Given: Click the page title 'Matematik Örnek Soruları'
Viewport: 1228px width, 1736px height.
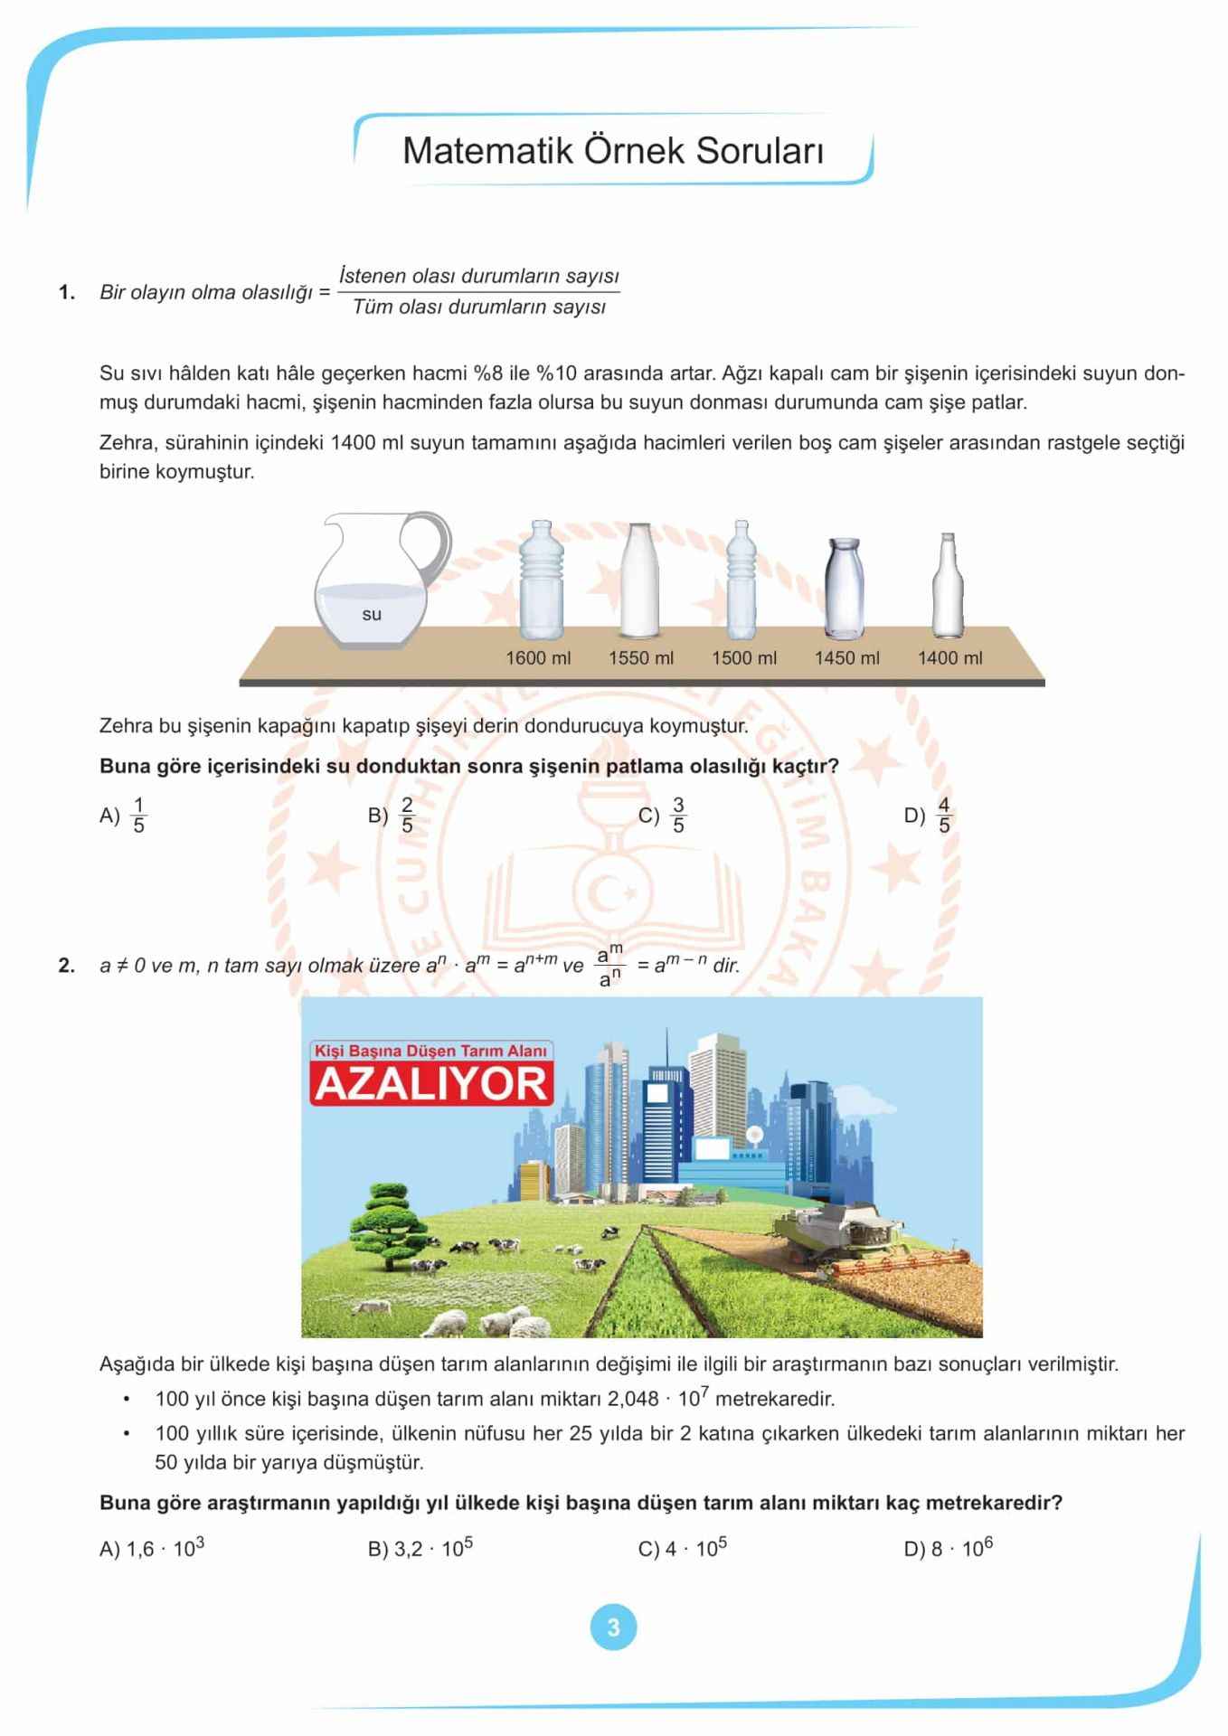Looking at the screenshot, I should (612, 151).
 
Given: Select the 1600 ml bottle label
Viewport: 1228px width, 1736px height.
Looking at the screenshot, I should (538, 658).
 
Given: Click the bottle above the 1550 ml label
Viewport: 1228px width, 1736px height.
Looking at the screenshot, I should (640, 581).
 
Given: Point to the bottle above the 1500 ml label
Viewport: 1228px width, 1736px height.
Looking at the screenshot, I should (742, 581).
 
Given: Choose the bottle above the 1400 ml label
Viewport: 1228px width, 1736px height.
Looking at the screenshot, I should (948, 588).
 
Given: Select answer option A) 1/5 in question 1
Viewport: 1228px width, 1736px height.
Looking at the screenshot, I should (123, 816).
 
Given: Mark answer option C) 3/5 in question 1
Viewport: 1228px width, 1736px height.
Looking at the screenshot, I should (663, 816).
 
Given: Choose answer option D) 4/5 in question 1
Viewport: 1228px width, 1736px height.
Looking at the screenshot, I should (929, 816).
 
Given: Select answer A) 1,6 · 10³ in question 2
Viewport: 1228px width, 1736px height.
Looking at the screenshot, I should (152, 1549).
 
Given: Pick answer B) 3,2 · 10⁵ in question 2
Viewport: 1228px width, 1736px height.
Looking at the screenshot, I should (420, 1549).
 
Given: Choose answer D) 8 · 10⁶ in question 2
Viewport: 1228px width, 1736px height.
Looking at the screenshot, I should (949, 1549).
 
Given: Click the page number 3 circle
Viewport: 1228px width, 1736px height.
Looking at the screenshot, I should (613, 1627).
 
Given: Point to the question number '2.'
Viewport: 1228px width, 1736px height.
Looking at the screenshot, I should (67, 966).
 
